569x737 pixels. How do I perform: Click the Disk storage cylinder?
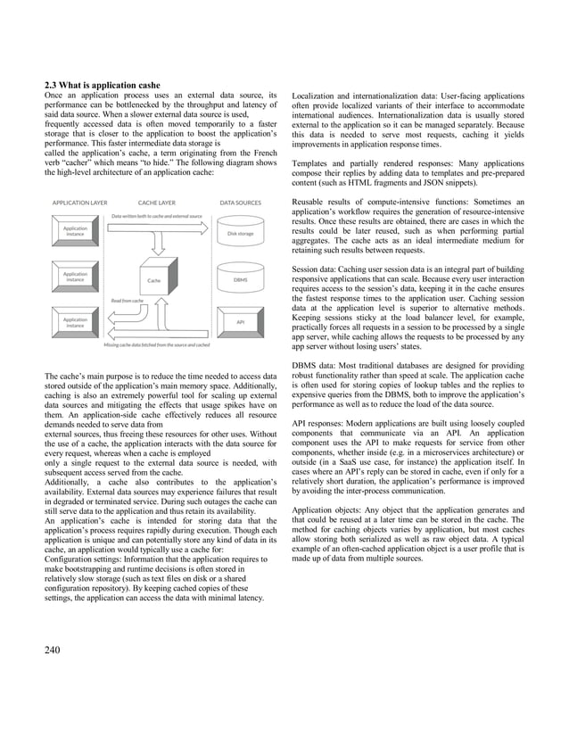tap(240, 234)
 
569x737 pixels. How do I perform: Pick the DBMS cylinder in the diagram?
tap(240, 279)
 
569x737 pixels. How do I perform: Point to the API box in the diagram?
tap(240, 321)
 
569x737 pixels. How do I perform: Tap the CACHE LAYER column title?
tap(156, 203)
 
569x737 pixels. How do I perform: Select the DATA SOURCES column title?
tap(240, 203)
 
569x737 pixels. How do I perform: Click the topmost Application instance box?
tap(75, 232)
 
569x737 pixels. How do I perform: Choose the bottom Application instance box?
tap(75, 321)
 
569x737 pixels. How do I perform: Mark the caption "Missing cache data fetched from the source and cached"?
tap(157, 344)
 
